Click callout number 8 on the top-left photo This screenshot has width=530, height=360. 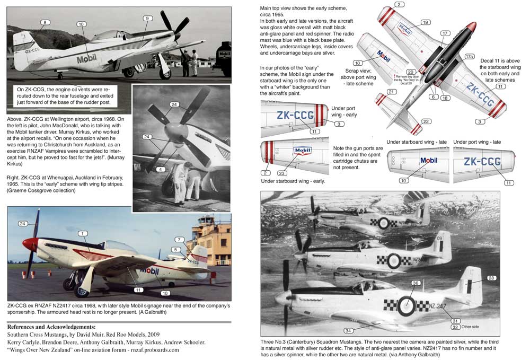point(46,22)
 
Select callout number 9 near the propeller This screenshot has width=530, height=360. point(146,19)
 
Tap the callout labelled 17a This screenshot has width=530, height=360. point(469,56)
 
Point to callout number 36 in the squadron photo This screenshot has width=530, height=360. point(416,283)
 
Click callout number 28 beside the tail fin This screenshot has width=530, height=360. point(491,278)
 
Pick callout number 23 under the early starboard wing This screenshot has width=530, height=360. point(282,173)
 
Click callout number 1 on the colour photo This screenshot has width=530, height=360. point(82,233)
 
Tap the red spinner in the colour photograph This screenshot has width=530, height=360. point(30,244)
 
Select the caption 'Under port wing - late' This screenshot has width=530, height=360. point(477,142)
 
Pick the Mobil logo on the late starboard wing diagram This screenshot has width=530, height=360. point(429,161)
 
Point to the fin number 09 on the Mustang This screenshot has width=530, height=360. point(439,239)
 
